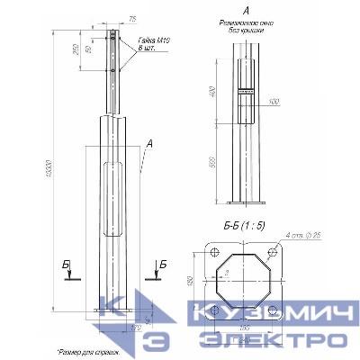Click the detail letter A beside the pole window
pyautogui.click(x=148, y=143)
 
